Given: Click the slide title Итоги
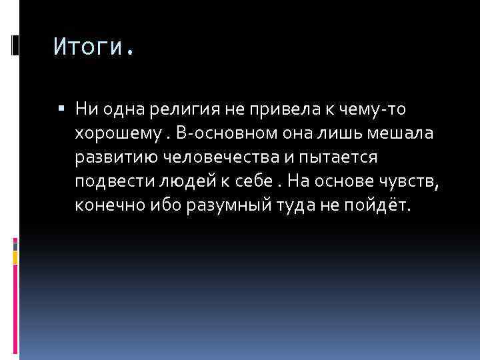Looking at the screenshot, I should click(93, 47).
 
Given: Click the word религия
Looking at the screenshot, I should click(205, 107).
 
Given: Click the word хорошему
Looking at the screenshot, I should click(117, 133).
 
